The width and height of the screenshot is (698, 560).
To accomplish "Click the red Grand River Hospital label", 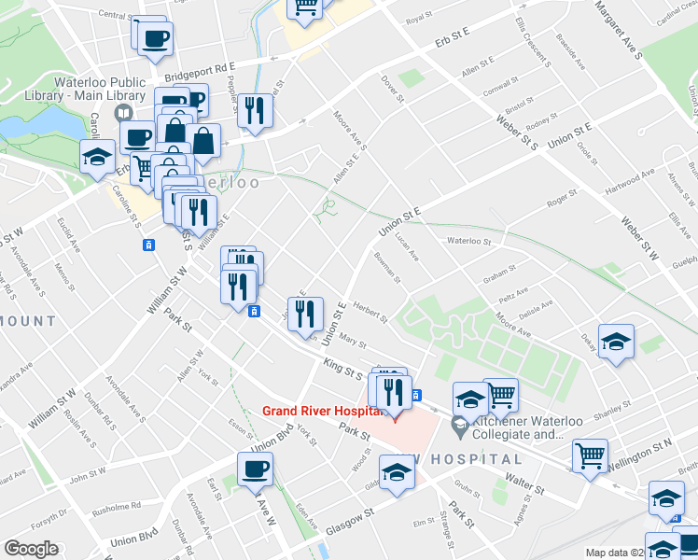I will coord(323,410).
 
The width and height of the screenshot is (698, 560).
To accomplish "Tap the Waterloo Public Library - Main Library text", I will coord(104,89).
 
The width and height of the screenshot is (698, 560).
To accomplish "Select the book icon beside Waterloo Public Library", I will coord(122,113).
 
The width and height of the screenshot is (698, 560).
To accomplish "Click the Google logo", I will coord(32,548).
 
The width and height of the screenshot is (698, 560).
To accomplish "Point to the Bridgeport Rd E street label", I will coord(199,72).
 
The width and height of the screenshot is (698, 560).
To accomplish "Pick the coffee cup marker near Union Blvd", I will coord(255,469).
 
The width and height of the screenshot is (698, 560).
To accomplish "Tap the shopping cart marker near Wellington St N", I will coord(590,457).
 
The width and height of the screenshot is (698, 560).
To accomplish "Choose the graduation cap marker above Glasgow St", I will coord(397,472).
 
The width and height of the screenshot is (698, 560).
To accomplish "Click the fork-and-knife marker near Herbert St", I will coord(304,315).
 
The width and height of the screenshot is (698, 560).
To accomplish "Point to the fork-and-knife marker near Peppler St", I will coord(254,111).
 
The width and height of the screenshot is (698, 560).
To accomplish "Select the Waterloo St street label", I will coord(468,241).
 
